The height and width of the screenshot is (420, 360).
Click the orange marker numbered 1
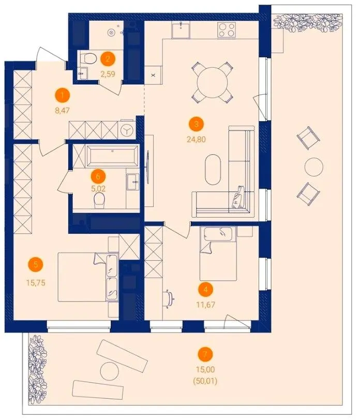coord(63,96)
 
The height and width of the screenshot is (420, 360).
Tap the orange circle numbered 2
coord(108,58)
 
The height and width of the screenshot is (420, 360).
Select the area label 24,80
coord(197,139)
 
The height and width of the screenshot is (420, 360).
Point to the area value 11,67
coord(205,305)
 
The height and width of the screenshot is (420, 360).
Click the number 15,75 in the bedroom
coord(36,282)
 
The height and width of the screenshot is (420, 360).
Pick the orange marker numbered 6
coord(98,176)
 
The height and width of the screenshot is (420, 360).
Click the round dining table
coord(212,82)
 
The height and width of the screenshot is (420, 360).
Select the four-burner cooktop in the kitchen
coord(227,29)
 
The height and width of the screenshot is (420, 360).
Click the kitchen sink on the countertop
coord(181,29)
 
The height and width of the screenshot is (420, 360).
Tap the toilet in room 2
coord(88,58)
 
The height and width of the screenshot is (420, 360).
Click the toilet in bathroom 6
coord(99,201)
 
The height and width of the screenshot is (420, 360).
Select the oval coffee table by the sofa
coord(213,169)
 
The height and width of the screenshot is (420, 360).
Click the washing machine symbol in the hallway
coord(126,130)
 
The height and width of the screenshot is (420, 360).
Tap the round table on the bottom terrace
coord(109,371)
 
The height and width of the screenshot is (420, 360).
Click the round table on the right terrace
coord(314,167)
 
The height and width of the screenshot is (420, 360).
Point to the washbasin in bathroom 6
coord(132,182)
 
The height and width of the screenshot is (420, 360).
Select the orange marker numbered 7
coord(205,354)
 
